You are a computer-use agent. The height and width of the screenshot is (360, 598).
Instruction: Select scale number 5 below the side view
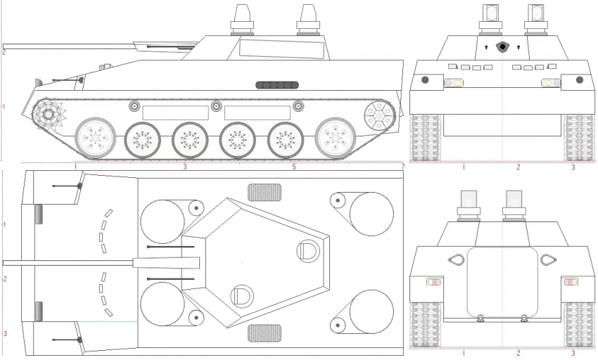pos(294,167)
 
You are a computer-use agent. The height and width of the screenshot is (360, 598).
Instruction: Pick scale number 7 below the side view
pos(402,167)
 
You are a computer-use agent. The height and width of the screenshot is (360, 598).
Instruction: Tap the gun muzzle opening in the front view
pos(502,47)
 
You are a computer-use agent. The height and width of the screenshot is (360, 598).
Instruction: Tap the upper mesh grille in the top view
pos(265,191)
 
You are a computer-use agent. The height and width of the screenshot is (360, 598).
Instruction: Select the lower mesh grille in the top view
pos(265,333)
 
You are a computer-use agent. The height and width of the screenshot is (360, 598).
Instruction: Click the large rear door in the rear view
pos(502,281)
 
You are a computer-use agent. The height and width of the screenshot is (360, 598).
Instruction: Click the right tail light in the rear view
pos(570,283)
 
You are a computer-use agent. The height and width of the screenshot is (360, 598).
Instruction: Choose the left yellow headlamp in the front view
pos(453,83)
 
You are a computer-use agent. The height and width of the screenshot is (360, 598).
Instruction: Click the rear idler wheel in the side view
pos(378,114)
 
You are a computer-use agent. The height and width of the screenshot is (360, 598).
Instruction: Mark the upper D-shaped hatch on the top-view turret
pos(308,250)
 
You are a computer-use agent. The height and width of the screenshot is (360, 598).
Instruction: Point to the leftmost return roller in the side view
pos(134,106)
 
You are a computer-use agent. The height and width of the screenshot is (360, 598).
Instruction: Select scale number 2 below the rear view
pos(519,352)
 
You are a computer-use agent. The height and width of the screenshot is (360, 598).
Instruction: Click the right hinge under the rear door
pos(523,318)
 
